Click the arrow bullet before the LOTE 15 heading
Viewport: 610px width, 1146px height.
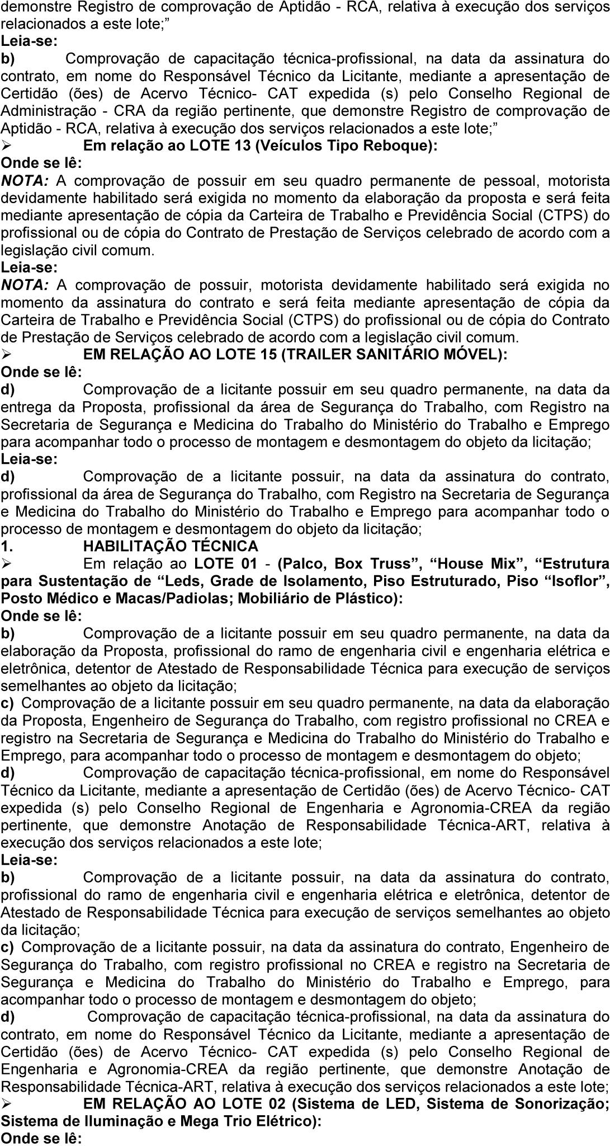tap(7, 355)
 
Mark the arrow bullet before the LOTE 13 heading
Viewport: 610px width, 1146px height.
tap(7, 146)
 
